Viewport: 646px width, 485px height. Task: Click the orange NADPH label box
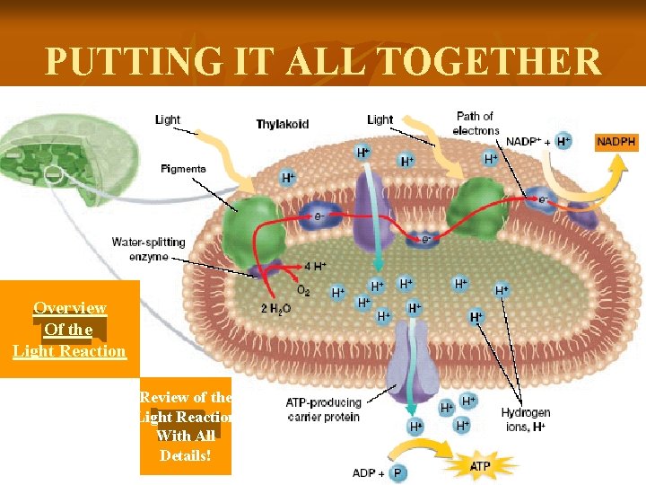pos(618,141)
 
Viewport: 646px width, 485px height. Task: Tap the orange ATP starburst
pos(481,467)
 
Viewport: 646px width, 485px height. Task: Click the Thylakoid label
pos(282,124)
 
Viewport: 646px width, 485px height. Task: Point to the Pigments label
pos(183,169)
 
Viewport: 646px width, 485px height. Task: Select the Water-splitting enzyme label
pos(148,249)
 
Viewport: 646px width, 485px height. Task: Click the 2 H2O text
pos(275,308)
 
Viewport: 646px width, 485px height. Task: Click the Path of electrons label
pos(476,123)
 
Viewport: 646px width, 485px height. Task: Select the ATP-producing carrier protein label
pos(323,410)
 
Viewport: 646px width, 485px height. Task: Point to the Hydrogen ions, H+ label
pos(526,419)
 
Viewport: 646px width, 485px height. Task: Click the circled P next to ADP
pos(397,472)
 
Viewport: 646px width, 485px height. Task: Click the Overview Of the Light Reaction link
pos(70,329)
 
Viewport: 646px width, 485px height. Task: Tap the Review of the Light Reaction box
pos(186,426)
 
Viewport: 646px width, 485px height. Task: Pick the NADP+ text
pos(523,141)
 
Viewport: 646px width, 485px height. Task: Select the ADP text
pos(364,472)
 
